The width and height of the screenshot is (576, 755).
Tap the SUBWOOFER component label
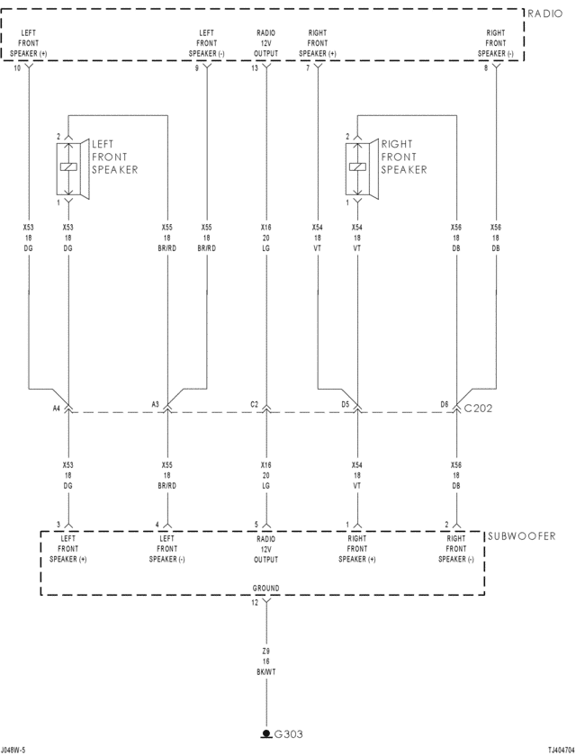(521, 536)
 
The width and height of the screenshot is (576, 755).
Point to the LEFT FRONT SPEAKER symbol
(69, 168)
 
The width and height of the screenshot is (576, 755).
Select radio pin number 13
(254, 68)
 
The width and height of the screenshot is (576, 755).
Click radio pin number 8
(486, 68)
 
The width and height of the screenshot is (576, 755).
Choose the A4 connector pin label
(56, 405)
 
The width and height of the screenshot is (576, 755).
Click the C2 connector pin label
(254, 405)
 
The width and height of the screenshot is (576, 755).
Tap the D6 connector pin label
(444, 405)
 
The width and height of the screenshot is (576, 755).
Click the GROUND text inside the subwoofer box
(266, 589)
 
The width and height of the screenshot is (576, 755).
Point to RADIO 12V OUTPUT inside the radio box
(266, 43)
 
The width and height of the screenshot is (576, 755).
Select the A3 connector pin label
(155, 405)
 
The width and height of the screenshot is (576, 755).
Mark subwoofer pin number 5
(256, 525)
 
